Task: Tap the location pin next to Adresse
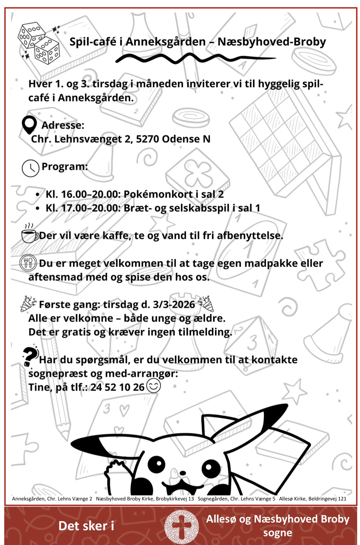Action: (x=29, y=125)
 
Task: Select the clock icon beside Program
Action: (x=30, y=168)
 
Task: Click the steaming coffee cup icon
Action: (x=29, y=234)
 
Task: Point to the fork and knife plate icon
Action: (x=28, y=262)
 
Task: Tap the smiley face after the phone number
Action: (x=153, y=386)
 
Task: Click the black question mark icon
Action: (x=30, y=356)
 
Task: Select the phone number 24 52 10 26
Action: (x=117, y=387)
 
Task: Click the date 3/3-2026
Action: (x=174, y=304)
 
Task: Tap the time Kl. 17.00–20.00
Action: (x=83, y=208)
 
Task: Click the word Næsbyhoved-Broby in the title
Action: (x=272, y=42)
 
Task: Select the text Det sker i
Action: (x=86, y=526)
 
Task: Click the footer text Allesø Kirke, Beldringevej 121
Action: (x=313, y=498)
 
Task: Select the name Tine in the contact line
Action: (x=39, y=387)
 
